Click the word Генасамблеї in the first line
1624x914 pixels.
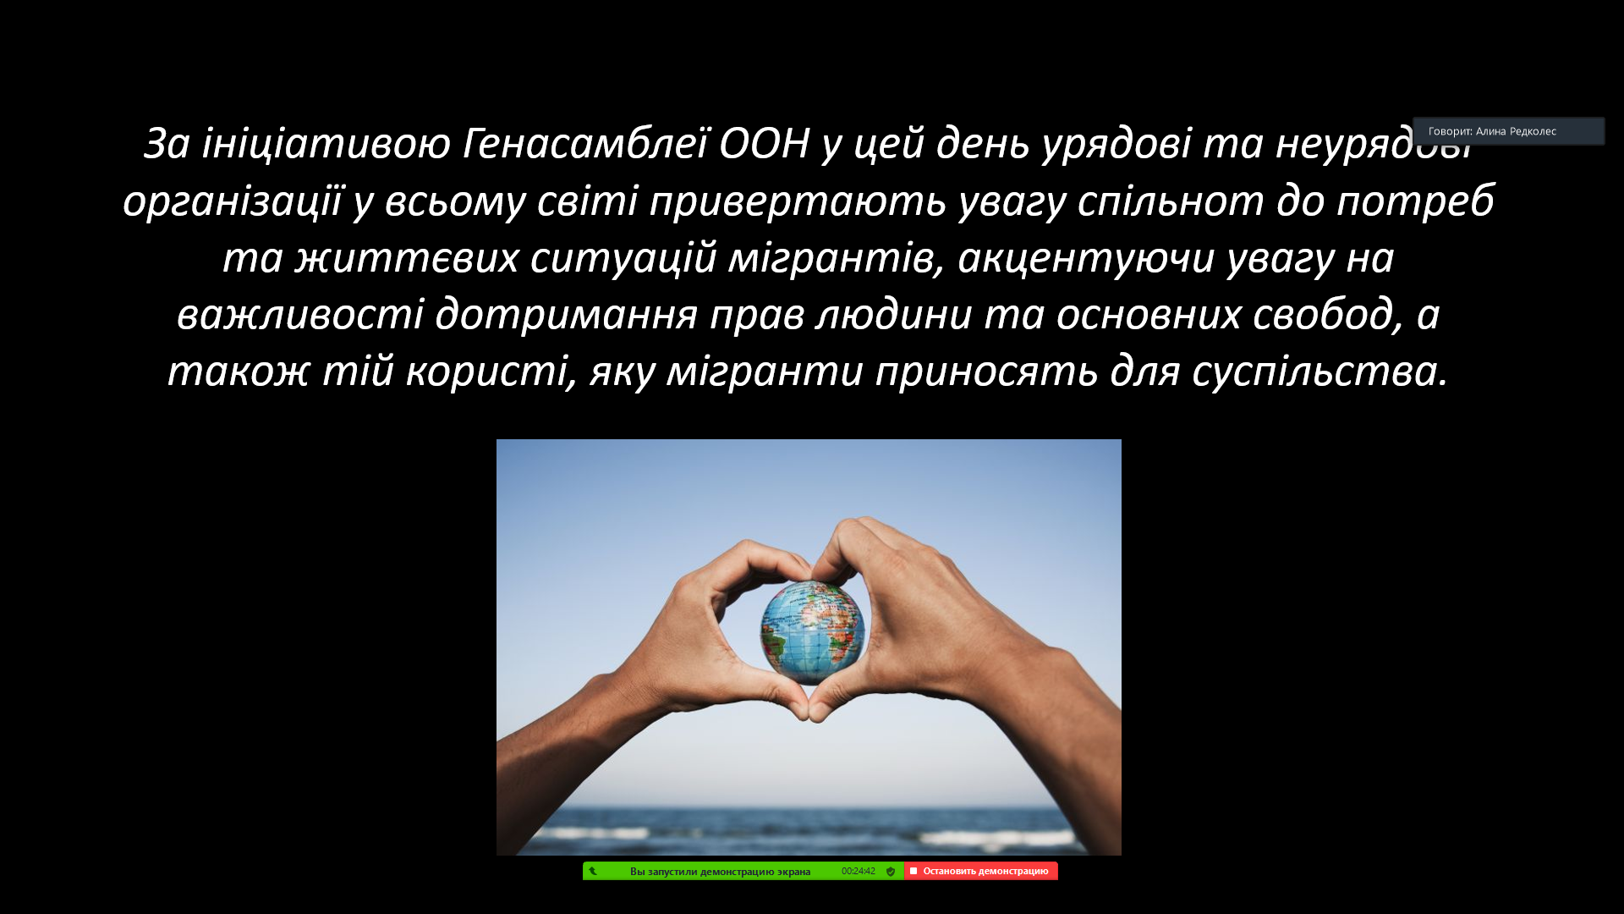pyautogui.click(x=584, y=143)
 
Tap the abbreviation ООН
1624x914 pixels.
pyautogui.click(x=765, y=143)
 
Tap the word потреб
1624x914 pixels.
pyautogui.click(x=1415, y=201)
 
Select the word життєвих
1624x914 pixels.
pyautogui.click(x=407, y=258)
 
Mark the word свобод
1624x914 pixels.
pyautogui.click(x=1322, y=315)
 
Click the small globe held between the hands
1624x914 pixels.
pyautogui.click(x=812, y=631)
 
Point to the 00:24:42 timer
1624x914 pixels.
pyautogui.click(x=858, y=871)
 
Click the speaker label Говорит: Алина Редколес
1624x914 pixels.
pyautogui.click(x=1492, y=131)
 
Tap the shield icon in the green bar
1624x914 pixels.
pyautogui.click(x=891, y=871)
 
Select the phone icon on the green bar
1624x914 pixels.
pyautogui.click(x=593, y=871)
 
